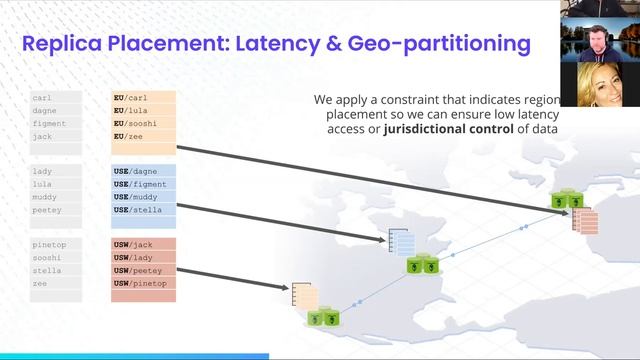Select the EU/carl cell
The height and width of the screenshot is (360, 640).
(144, 98)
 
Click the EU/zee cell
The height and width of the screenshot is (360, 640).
(144, 134)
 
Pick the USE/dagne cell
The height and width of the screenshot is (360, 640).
(144, 172)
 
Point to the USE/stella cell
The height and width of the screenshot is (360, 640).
(144, 210)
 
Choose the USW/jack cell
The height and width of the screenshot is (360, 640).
(144, 246)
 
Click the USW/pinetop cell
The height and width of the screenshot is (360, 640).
(144, 284)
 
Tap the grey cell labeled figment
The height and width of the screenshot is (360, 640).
(55, 123)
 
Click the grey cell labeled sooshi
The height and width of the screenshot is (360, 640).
(55, 258)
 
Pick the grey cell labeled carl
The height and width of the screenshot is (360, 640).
(55, 98)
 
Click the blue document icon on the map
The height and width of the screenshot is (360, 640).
(400, 241)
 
